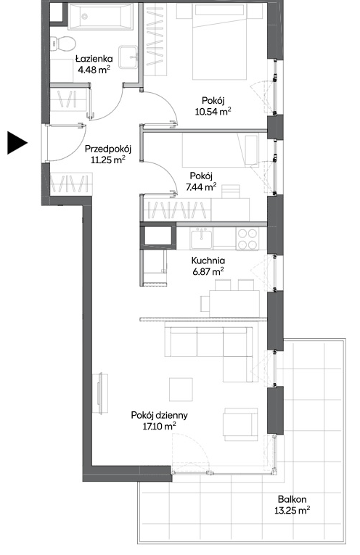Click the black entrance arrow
click(17, 143)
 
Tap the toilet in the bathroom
click(63, 44)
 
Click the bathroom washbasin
click(128, 57)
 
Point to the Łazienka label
click(94, 59)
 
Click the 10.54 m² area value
click(213, 112)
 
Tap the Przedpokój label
click(108, 149)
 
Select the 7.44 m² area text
click(201, 186)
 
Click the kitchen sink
click(202, 238)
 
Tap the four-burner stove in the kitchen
click(247, 239)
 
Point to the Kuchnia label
click(208, 260)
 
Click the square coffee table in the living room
click(181, 390)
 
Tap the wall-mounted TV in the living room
click(101, 393)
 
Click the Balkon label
click(292, 499)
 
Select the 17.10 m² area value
click(159, 426)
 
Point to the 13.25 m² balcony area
click(292, 511)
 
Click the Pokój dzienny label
click(159, 416)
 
